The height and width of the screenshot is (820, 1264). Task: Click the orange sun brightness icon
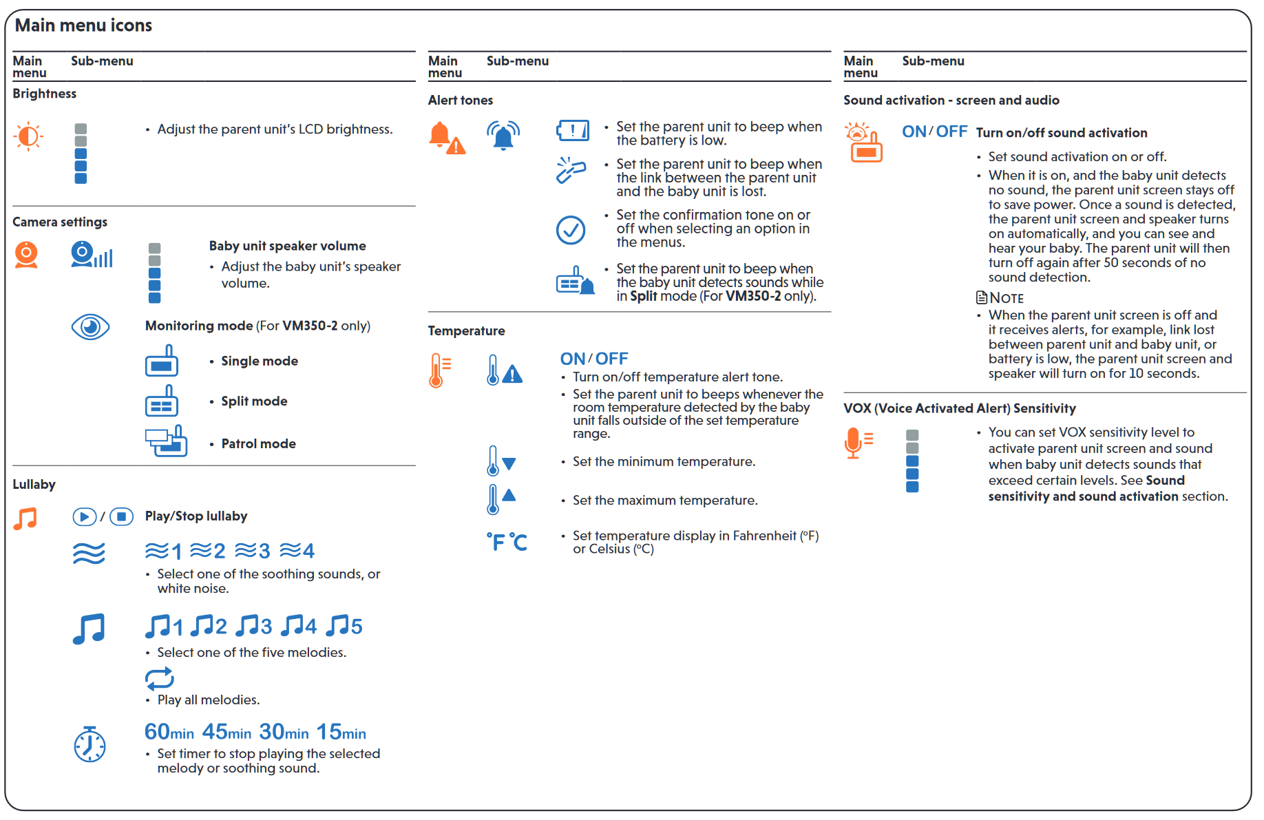tap(28, 136)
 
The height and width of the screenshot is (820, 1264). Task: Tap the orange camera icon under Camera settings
tap(26, 255)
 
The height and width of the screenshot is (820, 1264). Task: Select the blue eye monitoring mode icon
tap(90, 327)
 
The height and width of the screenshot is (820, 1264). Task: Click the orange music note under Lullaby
tap(25, 518)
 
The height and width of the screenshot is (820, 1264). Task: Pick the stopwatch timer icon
tap(89, 744)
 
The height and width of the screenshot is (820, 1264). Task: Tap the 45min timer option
tap(227, 732)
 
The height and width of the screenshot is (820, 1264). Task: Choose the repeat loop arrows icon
tap(160, 679)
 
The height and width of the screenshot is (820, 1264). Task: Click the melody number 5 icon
tap(344, 626)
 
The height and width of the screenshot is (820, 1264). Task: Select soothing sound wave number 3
tap(253, 551)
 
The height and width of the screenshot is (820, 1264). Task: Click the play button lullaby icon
tap(85, 516)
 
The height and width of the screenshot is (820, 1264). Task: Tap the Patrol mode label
tap(258, 444)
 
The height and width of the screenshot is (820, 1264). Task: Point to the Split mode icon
tap(162, 401)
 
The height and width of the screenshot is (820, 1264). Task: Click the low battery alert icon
tap(573, 130)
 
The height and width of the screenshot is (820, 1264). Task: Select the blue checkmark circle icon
tap(571, 230)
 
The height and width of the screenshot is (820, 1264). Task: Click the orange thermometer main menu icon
tap(439, 370)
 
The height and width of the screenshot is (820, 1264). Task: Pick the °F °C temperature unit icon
tap(507, 542)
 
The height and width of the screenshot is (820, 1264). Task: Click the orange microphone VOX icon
tap(857, 443)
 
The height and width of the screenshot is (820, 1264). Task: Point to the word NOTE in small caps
tap(1007, 298)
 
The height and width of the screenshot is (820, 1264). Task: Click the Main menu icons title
tap(83, 25)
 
